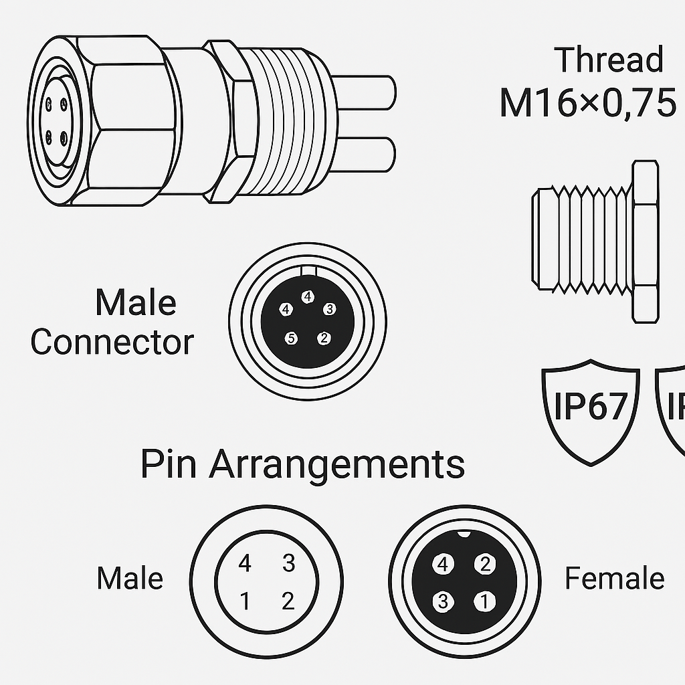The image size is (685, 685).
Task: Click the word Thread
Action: [609, 59]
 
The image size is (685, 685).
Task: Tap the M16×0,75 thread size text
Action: [587, 103]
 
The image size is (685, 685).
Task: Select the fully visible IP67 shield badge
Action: [591, 412]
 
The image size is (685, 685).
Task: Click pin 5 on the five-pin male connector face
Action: [291, 338]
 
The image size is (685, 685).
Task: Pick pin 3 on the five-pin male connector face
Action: [329, 309]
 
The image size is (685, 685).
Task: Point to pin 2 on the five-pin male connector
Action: [324, 338]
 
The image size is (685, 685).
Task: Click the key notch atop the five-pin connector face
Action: [308, 271]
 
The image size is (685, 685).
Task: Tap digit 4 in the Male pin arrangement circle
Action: [245, 563]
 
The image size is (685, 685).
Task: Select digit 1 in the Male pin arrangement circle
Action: [245, 601]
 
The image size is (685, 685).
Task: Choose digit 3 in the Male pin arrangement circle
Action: [288, 563]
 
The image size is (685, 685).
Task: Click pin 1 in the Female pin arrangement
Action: [484, 601]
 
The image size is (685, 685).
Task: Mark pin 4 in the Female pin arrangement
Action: [443, 565]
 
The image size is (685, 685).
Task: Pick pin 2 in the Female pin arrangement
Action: [485, 564]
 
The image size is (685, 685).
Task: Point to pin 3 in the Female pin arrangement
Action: [443, 601]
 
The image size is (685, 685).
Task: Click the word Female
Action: [615, 578]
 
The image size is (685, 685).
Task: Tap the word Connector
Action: [112, 342]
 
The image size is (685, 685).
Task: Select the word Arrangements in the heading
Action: [337, 465]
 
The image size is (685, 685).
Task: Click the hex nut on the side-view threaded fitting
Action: [646, 242]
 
